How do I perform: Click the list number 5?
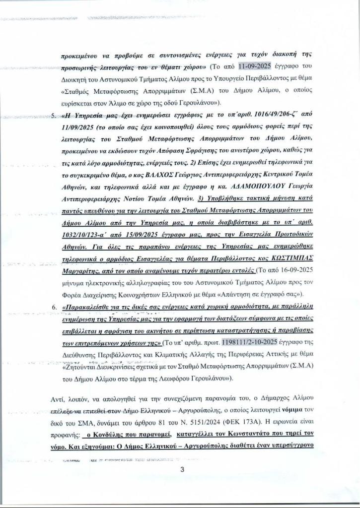point(54,117)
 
